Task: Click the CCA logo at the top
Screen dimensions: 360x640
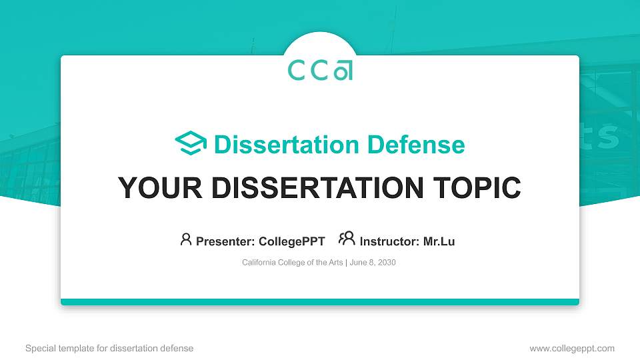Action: coord(320,70)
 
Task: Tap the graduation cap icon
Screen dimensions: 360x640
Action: coord(191,144)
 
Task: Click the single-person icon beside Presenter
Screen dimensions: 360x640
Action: coord(186,239)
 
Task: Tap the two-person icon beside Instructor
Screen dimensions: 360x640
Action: coord(347,239)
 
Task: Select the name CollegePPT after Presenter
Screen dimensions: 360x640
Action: coord(291,241)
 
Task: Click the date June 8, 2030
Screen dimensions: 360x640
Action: coord(373,263)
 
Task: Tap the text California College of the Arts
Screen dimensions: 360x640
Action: coord(292,263)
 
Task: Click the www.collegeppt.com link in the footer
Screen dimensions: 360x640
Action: coord(571,348)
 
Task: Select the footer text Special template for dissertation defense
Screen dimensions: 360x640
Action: coord(109,348)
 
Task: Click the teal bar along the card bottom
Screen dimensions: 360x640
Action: coord(320,302)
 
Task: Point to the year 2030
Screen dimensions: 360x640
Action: coord(387,263)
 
